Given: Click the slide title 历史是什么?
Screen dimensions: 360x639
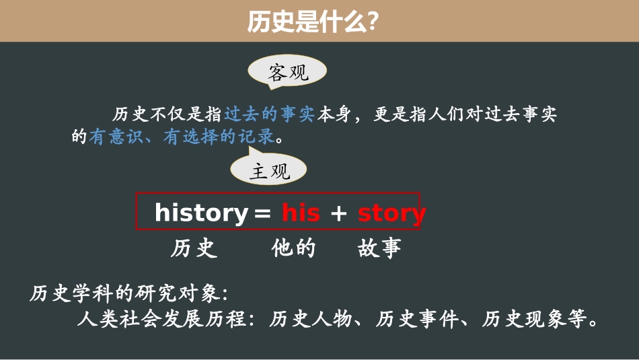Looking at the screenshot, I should point(311,22).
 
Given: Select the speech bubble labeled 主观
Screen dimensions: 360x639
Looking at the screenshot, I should point(269,171).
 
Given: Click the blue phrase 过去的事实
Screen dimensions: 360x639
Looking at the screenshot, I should point(269,115).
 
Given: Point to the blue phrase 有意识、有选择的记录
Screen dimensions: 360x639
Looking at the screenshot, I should point(182,137).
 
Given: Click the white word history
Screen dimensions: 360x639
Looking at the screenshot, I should point(201,213).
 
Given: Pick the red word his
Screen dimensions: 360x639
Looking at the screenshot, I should point(301,213).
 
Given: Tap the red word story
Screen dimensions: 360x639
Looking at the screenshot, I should point(391,213).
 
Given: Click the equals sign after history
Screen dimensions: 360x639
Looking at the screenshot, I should point(262,214).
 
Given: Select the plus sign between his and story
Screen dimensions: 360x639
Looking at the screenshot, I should point(338,214).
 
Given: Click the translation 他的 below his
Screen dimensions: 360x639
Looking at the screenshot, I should point(293,249).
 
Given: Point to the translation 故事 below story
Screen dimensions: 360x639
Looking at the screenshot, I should point(379,249).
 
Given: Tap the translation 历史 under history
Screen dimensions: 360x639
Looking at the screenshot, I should point(194,249).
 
